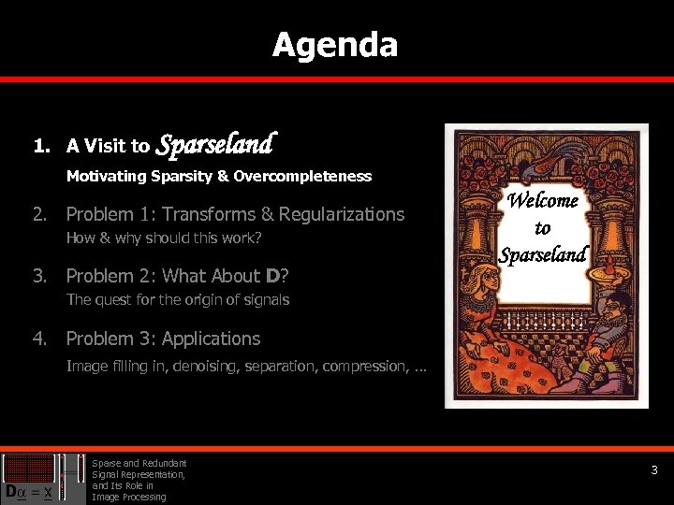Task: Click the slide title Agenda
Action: (335, 45)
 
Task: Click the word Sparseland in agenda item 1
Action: (214, 144)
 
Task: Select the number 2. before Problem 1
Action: (39, 214)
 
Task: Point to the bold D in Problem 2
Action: (272, 276)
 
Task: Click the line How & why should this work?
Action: (163, 238)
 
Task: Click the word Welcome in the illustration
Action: (543, 200)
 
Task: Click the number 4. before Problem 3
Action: (39, 339)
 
